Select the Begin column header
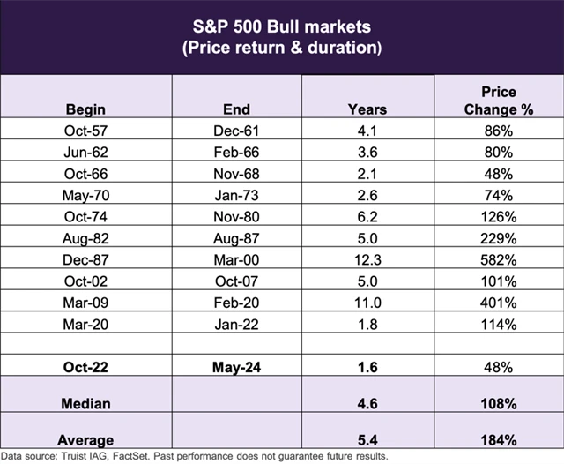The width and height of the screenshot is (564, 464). (85, 109)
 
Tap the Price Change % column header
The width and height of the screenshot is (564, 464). (498, 101)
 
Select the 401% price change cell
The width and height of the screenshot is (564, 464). (498, 303)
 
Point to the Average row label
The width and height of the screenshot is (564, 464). (85, 439)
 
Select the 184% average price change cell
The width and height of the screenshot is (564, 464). (498, 439)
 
